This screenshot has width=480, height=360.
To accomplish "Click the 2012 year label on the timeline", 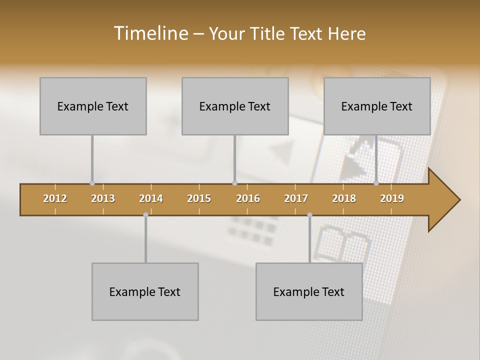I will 55,198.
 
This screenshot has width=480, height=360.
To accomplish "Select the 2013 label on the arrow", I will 103,198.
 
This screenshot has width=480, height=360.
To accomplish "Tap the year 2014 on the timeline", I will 151,198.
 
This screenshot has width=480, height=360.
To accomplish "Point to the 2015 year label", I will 199,198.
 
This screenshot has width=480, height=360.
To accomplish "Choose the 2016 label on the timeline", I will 248,198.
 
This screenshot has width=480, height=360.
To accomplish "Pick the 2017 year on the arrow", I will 296,198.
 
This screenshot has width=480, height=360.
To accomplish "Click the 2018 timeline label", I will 344,198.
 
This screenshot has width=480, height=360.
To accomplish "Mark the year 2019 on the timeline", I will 392,198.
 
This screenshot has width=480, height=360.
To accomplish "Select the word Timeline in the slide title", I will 150,33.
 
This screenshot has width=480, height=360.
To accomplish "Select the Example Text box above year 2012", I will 93,106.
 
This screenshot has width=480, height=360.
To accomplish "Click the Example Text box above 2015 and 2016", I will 235,106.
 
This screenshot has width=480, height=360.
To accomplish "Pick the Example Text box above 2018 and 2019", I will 377,106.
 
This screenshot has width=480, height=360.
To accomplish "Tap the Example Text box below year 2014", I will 145,291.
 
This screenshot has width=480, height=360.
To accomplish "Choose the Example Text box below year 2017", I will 309,291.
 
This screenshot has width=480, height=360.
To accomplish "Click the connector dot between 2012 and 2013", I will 92,183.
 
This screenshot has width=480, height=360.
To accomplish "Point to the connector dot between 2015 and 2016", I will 234,183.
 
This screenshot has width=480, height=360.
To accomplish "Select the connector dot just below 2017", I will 309,215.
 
